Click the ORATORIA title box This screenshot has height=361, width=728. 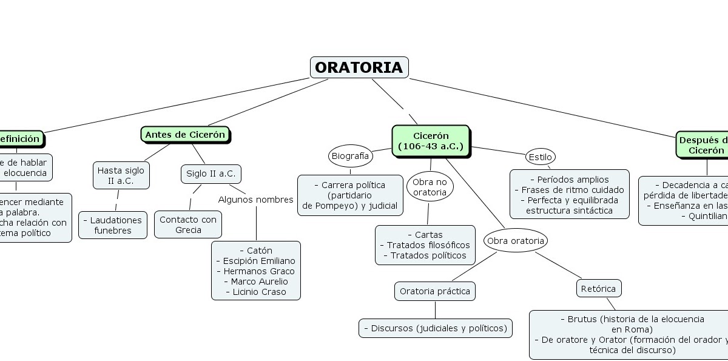[x=359, y=67]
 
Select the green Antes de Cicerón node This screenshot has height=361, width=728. [x=185, y=135]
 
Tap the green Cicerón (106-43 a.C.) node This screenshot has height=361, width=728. [x=431, y=141]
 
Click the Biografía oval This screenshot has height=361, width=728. [x=351, y=156]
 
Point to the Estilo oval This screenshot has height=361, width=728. [x=540, y=157]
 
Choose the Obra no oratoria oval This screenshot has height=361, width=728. [x=430, y=187]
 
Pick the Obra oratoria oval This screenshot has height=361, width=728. [x=516, y=241]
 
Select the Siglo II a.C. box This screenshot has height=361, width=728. [x=211, y=174]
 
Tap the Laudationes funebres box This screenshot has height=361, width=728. [x=113, y=225]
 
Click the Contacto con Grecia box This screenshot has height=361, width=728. [x=188, y=224]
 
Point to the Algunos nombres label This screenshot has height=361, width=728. [x=255, y=200]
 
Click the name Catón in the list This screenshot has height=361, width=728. [x=256, y=251]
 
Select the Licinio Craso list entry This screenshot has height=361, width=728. [x=256, y=292]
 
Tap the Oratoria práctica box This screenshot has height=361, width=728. [x=435, y=291]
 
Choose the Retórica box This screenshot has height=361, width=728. [x=598, y=289]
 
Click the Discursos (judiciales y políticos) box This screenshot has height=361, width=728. [x=436, y=328]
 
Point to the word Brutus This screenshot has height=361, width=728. [x=582, y=319]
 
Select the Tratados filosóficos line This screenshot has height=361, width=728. [x=425, y=245]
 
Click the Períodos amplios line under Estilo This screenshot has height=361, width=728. [x=569, y=180]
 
